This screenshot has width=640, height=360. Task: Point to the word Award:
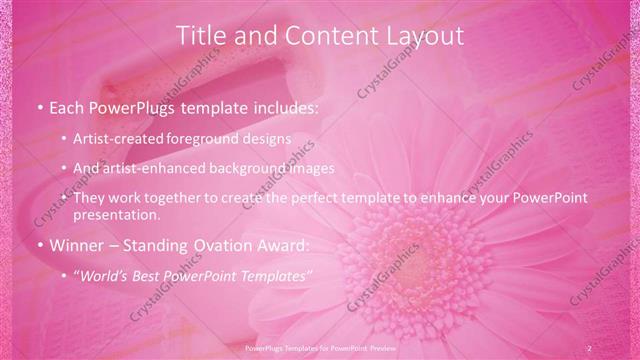click(282, 245)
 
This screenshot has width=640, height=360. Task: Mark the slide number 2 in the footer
click(589, 347)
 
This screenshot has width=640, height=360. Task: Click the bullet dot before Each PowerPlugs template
click(38, 106)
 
